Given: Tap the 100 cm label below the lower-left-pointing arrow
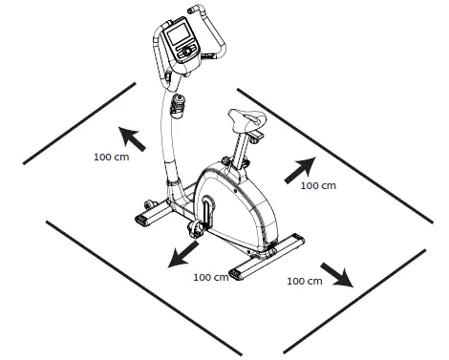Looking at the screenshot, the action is pos(210,277).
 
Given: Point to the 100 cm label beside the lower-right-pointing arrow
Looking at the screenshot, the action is pos(304,282).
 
